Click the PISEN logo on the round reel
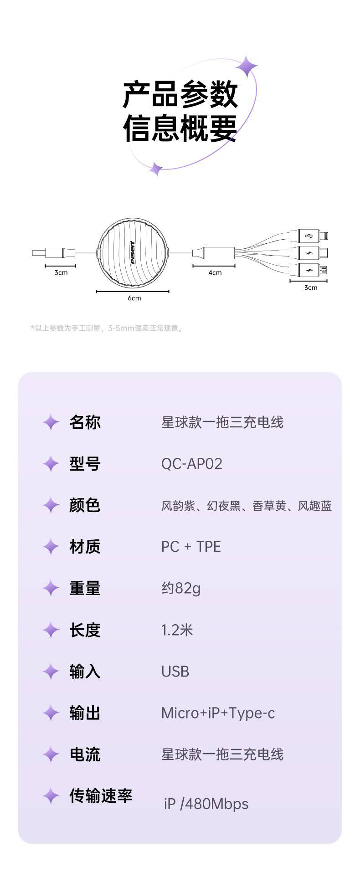pos(133,253)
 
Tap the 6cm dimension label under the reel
pos(134,298)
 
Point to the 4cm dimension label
pos(215,273)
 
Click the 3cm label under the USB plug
pos(61,273)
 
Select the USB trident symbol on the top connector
pos(309,236)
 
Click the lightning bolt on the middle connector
pos(309,253)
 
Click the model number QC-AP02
pos(192,464)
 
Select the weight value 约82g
pos(181,588)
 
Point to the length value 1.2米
pos(177,630)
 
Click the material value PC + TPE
pos(191,547)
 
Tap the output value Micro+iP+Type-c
pos(218,713)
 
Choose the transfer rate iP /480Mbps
pos(206,804)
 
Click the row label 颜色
pos(85,505)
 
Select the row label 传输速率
pos(101,796)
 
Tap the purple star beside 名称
pos(51,422)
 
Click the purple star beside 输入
pos(51,672)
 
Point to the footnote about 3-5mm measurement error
pos(108,328)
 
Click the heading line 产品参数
pos(180,94)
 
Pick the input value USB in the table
pos(175,672)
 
